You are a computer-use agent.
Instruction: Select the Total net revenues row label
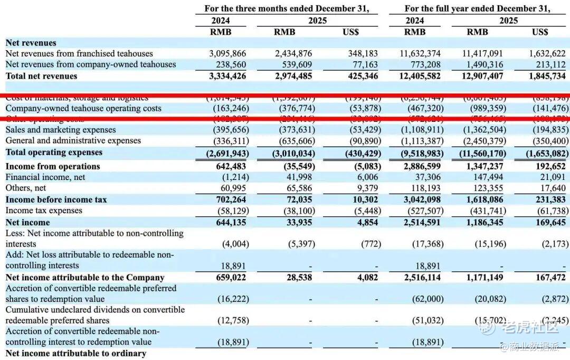click(x=41, y=76)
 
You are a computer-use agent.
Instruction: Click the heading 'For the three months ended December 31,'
click(x=287, y=8)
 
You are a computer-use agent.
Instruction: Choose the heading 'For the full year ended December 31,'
click(x=477, y=8)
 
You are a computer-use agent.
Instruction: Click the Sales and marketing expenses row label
click(x=61, y=130)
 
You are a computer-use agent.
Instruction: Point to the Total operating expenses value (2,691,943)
click(x=227, y=153)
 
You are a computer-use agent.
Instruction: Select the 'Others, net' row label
click(x=26, y=188)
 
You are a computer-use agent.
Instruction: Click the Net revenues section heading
click(x=31, y=43)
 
